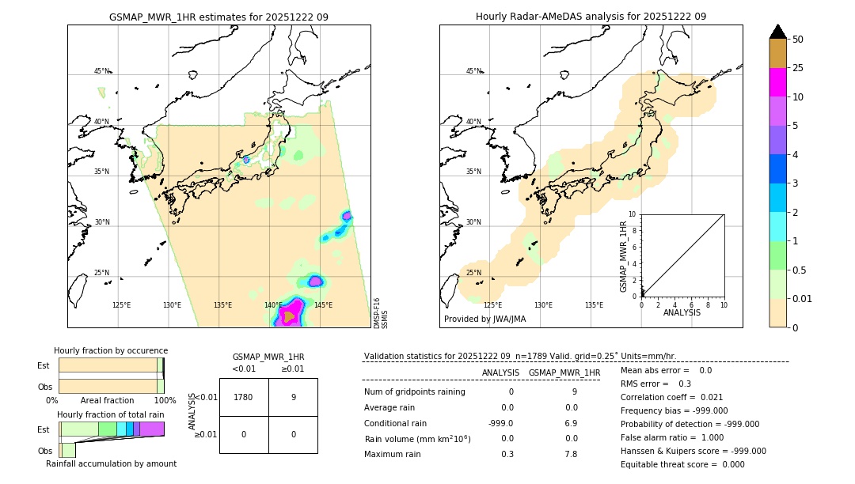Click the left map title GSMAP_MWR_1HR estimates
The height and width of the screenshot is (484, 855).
[218, 17]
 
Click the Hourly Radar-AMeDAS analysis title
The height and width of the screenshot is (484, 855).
[591, 17]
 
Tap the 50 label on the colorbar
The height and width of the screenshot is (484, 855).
[798, 40]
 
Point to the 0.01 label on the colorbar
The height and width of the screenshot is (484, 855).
[803, 298]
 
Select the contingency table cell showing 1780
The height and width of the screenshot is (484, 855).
[244, 397]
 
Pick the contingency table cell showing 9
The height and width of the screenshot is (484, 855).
[293, 397]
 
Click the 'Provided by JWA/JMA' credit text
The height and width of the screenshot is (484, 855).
[484, 319]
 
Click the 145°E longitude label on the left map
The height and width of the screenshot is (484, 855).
[323, 305]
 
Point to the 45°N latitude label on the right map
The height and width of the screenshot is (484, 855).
[473, 71]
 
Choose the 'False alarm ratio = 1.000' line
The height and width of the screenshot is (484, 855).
[672, 437]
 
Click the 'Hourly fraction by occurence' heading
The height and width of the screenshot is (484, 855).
[111, 350]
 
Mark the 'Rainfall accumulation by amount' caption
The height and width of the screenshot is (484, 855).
[111, 463]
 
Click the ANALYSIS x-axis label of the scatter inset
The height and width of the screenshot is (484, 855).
[682, 312]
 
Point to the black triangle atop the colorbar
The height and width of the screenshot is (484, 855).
[778, 32]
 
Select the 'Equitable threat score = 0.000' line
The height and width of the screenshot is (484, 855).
[682, 464]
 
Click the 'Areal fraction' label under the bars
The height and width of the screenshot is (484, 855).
[107, 400]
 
